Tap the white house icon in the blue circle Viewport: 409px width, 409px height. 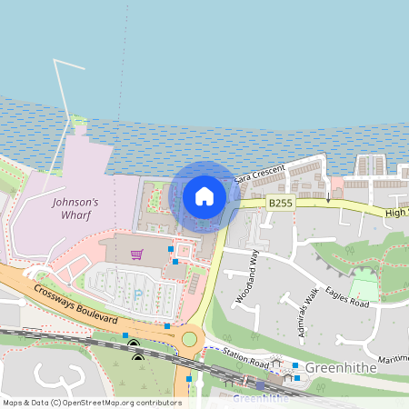click(x=204, y=195)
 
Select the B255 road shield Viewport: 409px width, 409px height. click(x=280, y=206)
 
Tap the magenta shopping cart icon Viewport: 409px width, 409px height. click(x=136, y=254)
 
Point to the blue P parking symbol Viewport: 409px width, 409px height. click(x=137, y=294)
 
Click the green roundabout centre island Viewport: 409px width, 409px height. click(x=189, y=339)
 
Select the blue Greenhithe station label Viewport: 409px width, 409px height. click(x=261, y=398)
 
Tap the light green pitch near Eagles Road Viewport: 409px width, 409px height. click(x=364, y=289)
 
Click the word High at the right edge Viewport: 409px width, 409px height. click(x=396, y=212)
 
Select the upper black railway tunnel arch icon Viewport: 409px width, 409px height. click(x=134, y=344)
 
